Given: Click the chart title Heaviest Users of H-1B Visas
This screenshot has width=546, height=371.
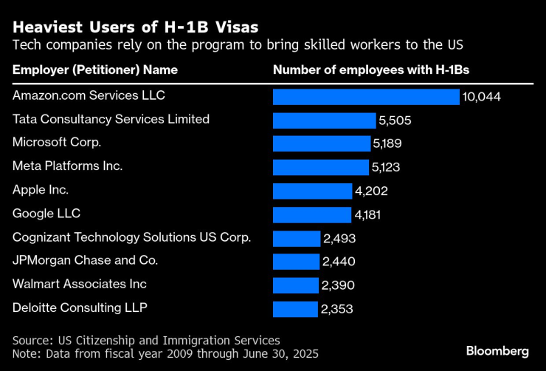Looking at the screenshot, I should click(x=135, y=27).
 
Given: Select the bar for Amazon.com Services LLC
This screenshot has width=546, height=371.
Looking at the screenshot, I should click(x=366, y=97).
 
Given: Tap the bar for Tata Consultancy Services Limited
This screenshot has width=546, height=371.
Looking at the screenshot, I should click(x=324, y=120).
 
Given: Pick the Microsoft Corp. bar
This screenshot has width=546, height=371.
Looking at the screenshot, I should click(x=321, y=143).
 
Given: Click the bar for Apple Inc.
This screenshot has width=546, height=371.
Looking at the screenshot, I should click(x=312, y=191).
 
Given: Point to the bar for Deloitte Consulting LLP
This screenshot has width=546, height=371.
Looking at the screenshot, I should click(x=295, y=308).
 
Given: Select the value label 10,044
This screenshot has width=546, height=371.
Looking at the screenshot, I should click(x=482, y=97).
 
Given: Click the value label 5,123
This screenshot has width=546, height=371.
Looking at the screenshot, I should click(x=386, y=167).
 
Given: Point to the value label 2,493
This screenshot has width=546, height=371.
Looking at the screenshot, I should click(x=338, y=238).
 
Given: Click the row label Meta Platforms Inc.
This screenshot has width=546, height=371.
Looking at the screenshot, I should click(x=68, y=166).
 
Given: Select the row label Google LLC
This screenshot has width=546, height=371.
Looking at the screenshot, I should click(x=46, y=214).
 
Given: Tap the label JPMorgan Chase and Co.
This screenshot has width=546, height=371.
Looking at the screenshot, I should click(x=86, y=260).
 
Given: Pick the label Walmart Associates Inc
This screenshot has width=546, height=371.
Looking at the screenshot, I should click(x=80, y=284).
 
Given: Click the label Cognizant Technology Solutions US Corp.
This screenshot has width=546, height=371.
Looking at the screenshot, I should click(x=132, y=237).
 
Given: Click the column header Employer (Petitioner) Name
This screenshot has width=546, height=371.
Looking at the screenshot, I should click(x=94, y=70).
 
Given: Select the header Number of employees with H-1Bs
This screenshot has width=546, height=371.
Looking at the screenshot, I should click(x=371, y=70).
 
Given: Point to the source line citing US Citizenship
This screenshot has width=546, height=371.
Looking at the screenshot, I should click(x=146, y=340).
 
